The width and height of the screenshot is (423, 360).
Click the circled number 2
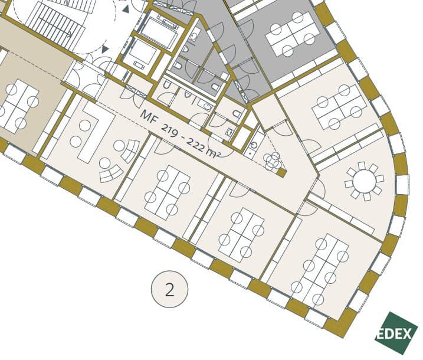pyautogui.click(x=169, y=289)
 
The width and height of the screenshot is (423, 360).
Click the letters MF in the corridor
pyautogui.click(x=148, y=117)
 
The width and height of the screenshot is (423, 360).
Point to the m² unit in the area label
pyautogui.click(x=214, y=153)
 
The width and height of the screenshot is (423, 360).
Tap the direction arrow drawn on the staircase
pyautogui.click(x=54, y=26)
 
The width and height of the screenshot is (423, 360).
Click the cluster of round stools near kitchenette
pyautogui.click(x=272, y=161)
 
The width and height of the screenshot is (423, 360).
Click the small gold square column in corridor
pyautogui.click(x=281, y=173)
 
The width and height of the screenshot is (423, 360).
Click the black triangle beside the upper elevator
pyautogui.click(x=126, y=9)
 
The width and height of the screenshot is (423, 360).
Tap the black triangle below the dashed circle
pyautogui.click(x=105, y=49)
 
